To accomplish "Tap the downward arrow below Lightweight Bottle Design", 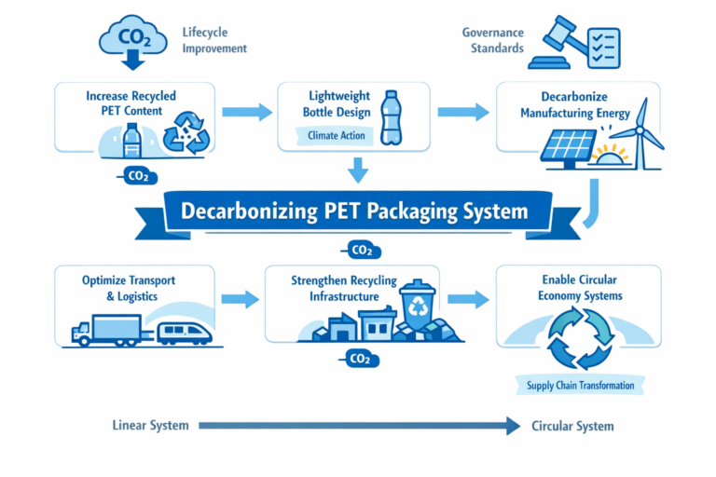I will click(358, 170).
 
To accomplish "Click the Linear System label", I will click(150, 426).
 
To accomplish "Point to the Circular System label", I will click(572, 426).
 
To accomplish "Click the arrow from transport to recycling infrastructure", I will click(240, 299).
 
